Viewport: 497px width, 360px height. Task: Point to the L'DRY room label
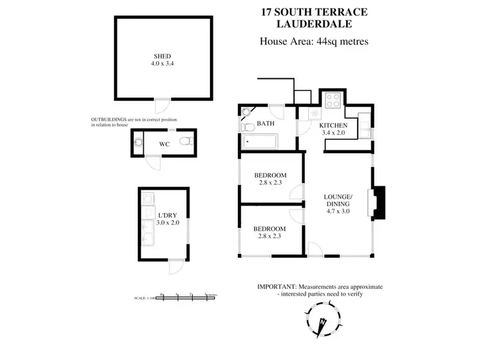(x=167, y=215)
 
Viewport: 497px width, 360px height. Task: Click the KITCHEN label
(x=333, y=125)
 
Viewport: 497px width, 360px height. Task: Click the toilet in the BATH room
(x=247, y=126)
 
